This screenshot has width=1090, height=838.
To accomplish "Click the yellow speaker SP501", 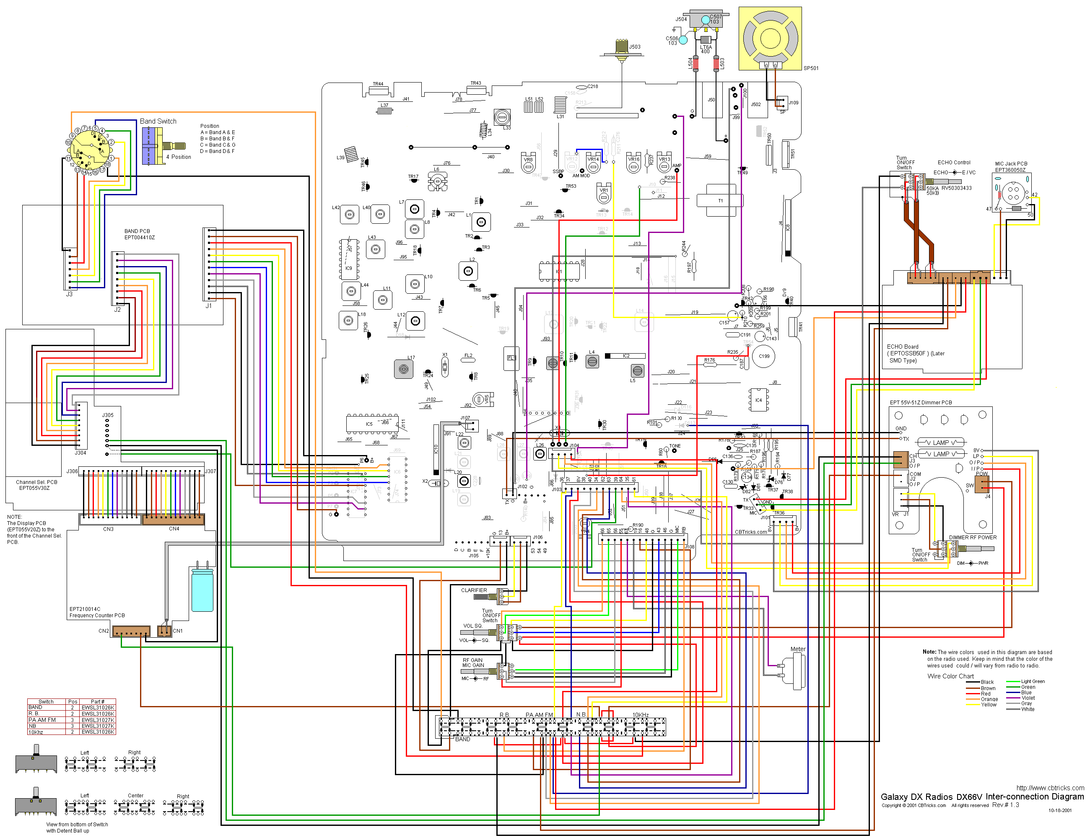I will click(770, 38).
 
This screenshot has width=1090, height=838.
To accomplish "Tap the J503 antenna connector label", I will click(635, 47).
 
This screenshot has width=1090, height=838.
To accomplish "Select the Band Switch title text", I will click(158, 121).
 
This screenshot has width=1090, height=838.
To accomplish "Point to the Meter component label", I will click(797, 649).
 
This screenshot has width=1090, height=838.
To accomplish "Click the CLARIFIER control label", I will click(474, 590).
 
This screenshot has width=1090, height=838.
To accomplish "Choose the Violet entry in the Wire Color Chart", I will click(1028, 698).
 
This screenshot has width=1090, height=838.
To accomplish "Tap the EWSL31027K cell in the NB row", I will click(98, 726).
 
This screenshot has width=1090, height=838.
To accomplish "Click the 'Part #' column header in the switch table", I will click(98, 701).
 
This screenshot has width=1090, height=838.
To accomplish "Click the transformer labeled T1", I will click(720, 201).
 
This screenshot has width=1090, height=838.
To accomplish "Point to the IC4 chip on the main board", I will click(758, 400).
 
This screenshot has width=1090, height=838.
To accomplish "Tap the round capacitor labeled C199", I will click(763, 356).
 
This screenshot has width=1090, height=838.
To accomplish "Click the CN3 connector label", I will click(108, 529).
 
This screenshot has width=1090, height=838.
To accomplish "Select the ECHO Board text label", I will click(902, 347).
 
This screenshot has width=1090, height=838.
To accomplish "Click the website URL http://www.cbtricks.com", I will click(1050, 788).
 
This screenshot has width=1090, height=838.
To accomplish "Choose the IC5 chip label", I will click(369, 424).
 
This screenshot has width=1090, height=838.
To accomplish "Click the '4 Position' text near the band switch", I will click(178, 157).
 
